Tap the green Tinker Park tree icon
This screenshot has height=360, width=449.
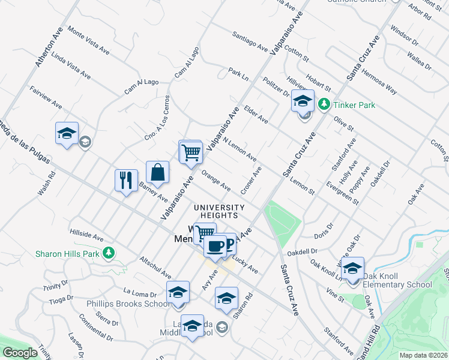324,104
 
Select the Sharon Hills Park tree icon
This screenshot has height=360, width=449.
108,253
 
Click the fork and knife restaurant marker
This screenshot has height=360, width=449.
125,179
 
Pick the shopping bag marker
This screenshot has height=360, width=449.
157,172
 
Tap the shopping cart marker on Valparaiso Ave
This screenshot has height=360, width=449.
191,151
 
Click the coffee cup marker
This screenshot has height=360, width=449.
215,245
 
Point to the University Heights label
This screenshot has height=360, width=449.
219,212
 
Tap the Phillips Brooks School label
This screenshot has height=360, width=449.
127,304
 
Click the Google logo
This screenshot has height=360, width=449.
20,353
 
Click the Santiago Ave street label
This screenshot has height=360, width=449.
250,41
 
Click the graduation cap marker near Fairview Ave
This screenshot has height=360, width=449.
67,134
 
